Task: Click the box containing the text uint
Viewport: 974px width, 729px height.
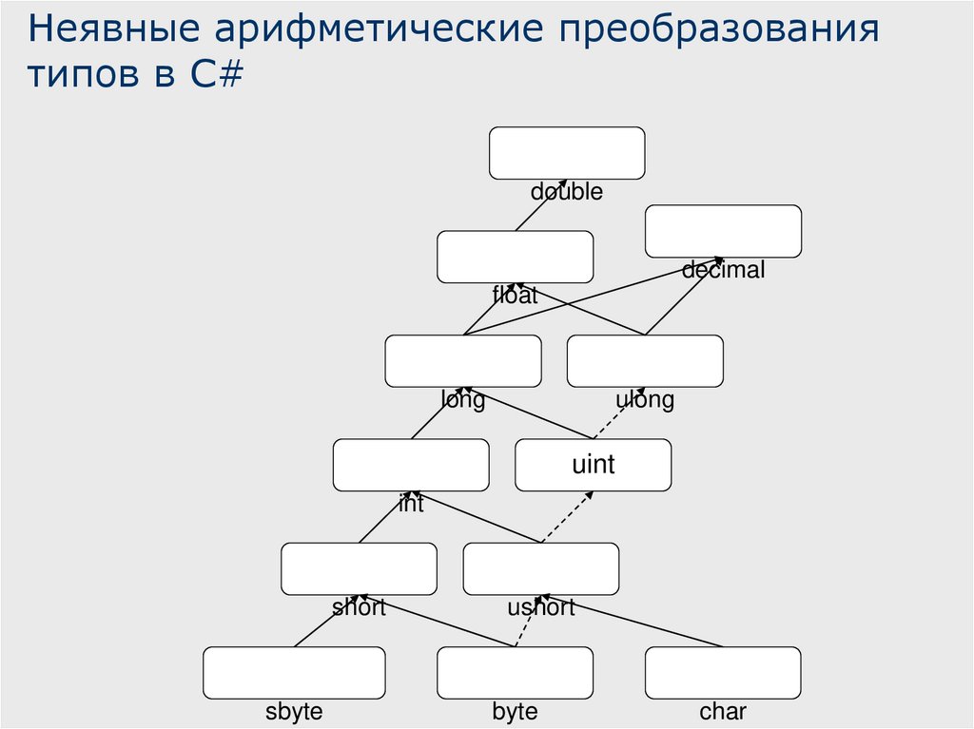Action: (593, 465)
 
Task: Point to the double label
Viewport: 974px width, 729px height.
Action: (566, 192)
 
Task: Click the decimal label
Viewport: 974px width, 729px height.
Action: (723, 270)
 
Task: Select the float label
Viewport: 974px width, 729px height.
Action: (515, 296)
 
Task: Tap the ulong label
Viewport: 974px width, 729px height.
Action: (645, 400)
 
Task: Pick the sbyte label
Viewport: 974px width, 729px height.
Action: (294, 712)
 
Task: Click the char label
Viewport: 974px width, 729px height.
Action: (723, 712)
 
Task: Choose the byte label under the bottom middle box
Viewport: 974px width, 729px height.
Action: (515, 712)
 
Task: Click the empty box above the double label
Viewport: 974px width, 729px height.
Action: (567, 153)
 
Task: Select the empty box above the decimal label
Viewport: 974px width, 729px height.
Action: (723, 231)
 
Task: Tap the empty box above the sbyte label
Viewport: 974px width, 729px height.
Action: (294, 672)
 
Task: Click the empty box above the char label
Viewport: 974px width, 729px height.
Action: (723, 672)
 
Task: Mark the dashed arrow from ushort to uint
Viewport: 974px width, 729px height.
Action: (568, 517)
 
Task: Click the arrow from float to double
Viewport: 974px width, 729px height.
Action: (540, 204)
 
